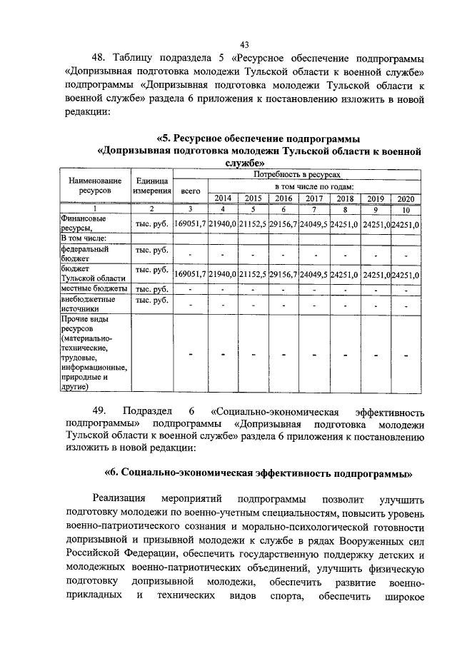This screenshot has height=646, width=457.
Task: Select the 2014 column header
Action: pos(223,198)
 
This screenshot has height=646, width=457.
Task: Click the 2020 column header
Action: pos(406,198)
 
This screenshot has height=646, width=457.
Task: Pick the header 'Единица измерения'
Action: pos(151,186)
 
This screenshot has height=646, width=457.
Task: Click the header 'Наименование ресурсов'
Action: pos(95,186)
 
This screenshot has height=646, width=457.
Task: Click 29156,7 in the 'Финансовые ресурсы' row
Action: pos(284,225)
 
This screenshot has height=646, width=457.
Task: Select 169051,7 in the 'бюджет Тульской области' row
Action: pos(191,274)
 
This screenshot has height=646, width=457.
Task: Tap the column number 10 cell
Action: pos(406,210)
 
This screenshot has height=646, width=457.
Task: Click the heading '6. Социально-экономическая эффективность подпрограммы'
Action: pos(259,473)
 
